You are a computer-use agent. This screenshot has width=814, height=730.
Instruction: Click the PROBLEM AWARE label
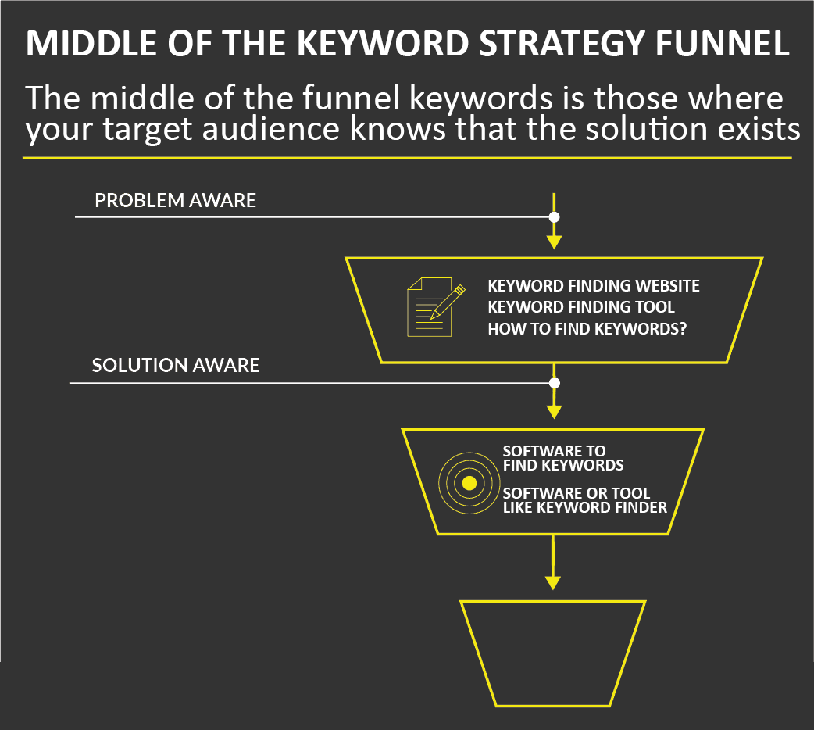(x=175, y=200)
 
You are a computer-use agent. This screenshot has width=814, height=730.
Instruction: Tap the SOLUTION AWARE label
(x=176, y=365)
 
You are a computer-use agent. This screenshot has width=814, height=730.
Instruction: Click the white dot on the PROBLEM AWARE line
(x=555, y=217)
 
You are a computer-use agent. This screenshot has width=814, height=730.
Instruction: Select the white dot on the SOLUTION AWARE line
(x=555, y=383)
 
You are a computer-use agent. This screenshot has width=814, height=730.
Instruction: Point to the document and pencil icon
(x=436, y=306)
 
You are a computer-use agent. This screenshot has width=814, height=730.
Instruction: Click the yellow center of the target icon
(x=469, y=483)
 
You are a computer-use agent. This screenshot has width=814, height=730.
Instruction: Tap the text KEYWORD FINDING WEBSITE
(x=594, y=286)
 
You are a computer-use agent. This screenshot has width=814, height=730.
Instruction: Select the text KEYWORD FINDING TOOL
(x=581, y=307)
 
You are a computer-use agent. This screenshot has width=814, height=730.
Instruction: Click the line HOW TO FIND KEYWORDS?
(x=587, y=329)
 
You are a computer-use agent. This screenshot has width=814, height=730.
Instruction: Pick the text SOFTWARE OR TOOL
(x=577, y=493)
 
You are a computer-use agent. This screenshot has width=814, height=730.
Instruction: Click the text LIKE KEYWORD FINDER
(x=585, y=507)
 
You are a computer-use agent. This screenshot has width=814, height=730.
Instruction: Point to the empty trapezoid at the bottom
(x=553, y=653)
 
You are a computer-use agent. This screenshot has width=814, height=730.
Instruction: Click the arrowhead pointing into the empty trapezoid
(x=553, y=582)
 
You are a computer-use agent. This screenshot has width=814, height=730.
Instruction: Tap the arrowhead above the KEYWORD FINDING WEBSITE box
(x=555, y=242)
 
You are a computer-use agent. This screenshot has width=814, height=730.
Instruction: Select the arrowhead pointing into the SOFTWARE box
(x=555, y=411)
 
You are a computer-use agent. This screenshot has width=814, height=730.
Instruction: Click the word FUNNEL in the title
(x=722, y=43)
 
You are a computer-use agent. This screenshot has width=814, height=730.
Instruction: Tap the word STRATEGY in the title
(x=562, y=43)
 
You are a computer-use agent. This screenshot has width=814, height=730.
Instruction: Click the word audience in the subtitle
(x=270, y=128)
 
